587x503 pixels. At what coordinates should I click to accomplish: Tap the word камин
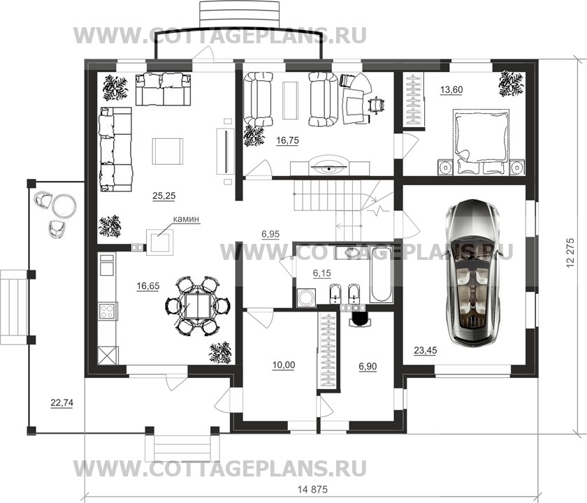tap(186, 219)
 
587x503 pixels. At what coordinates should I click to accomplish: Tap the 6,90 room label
tap(366, 365)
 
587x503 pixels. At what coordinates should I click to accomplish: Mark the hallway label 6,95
tap(270, 234)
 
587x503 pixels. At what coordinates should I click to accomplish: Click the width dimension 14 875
tap(312, 487)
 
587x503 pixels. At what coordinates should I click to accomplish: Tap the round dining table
tap(198, 305)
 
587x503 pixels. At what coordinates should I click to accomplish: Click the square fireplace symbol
tap(160, 242)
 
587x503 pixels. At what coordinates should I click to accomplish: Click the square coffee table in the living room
tap(168, 150)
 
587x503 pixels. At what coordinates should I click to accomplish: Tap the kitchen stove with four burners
tap(107, 309)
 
